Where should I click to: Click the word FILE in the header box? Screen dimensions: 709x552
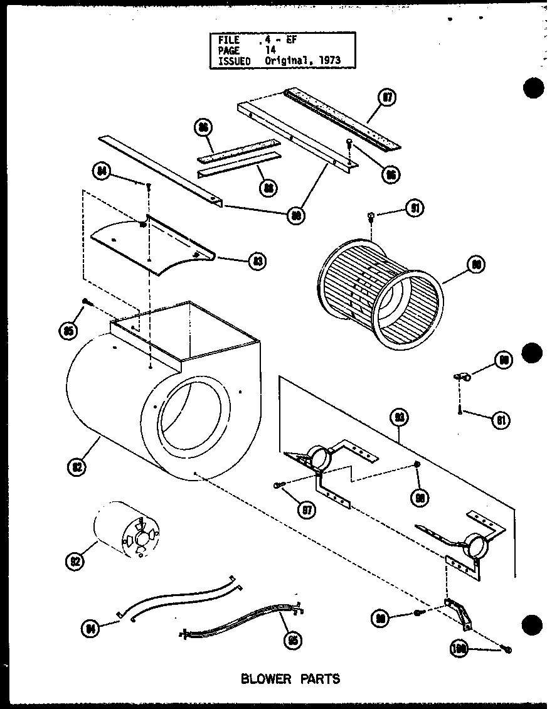[x=229, y=39]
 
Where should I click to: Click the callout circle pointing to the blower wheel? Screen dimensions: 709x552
[x=476, y=265]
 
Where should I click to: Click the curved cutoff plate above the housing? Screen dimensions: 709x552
[x=154, y=242]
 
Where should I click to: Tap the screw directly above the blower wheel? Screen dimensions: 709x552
[x=371, y=216]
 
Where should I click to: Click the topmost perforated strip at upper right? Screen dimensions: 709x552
[x=342, y=119]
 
